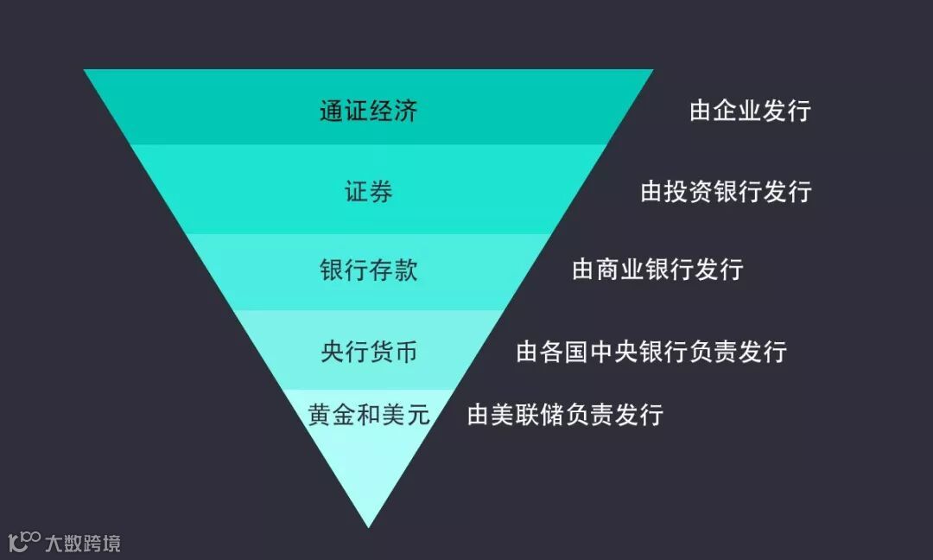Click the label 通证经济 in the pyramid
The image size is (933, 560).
(x=368, y=111)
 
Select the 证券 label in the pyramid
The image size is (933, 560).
(x=368, y=191)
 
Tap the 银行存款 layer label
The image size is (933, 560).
(x=368, y=270)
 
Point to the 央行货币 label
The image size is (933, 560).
(x=368, y=352)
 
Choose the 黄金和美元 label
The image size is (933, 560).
(x=368, y=414)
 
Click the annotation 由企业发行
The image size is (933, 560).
(x=750, y=111)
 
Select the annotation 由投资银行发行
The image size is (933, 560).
(x=726, y=191)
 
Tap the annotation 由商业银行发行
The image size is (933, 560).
(x=657, y=270)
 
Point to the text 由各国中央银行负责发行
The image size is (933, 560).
(x=651, y=352)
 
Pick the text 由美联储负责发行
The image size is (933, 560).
(x=565, y=414)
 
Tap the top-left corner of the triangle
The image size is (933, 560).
(x=86, y=71)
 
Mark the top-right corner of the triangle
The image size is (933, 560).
(x=651, y=71)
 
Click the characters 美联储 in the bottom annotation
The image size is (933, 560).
(x=528, y=414)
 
